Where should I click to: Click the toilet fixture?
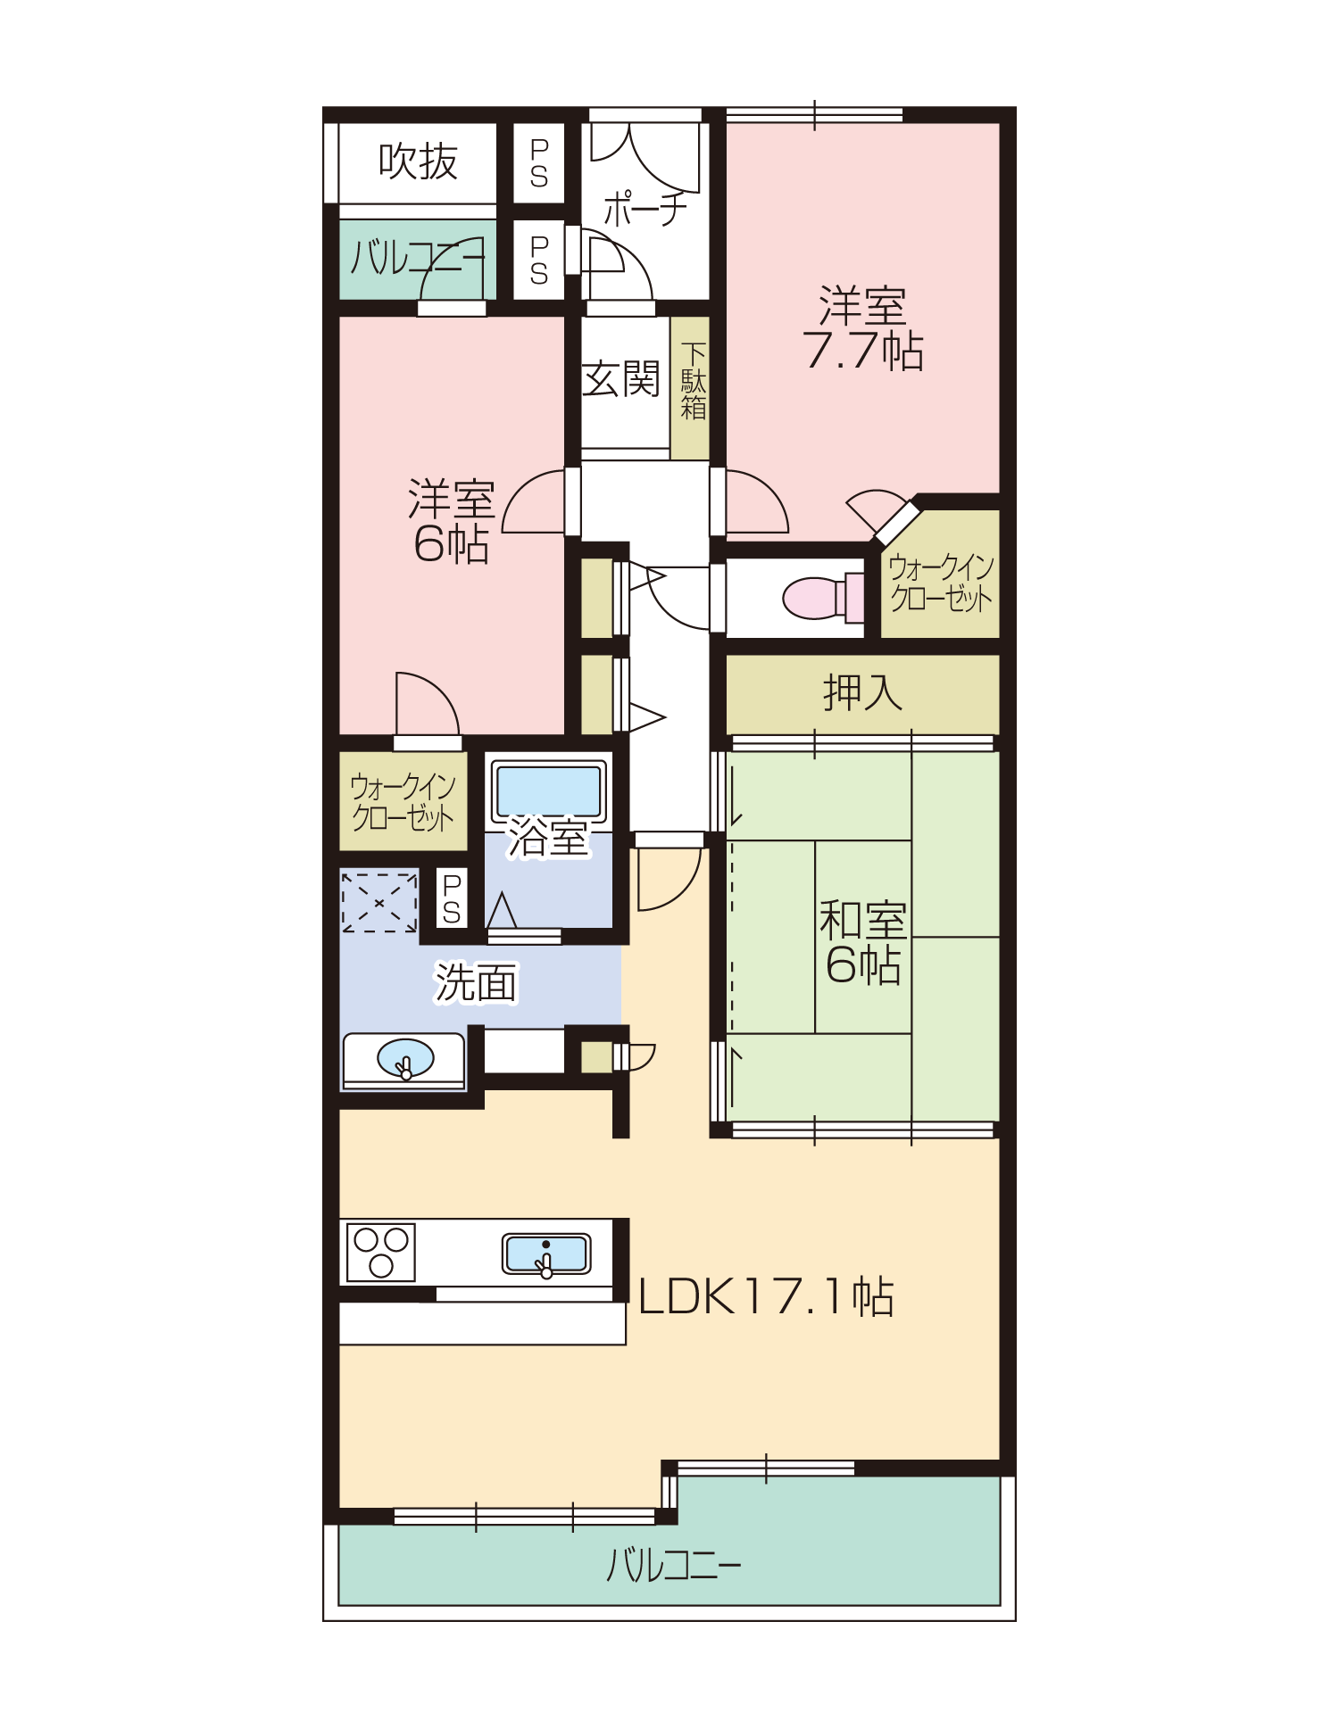point(823,598)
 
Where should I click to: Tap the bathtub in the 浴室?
point(548,791)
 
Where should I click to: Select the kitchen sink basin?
point(546,1254)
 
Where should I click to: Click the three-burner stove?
point(381,1252)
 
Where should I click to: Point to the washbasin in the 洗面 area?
point(405,1059)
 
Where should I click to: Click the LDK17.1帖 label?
point(766,1296)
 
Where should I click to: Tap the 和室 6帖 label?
point(863,943)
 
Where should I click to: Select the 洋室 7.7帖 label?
point(863,328)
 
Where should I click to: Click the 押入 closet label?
point(862,692)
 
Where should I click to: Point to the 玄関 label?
point(621,378)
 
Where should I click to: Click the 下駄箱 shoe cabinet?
point(690,388)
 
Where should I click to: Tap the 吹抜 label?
point(418,161)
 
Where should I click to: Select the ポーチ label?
point(645,208)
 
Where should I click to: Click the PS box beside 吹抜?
point(539,163)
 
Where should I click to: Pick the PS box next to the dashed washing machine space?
point(452,898)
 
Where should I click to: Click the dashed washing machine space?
point(379,903)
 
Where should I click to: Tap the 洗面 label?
point(476,982)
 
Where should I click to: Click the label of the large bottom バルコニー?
point(674,1564)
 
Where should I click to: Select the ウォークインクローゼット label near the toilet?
point(941,583)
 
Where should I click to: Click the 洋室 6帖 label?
point(452,522)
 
